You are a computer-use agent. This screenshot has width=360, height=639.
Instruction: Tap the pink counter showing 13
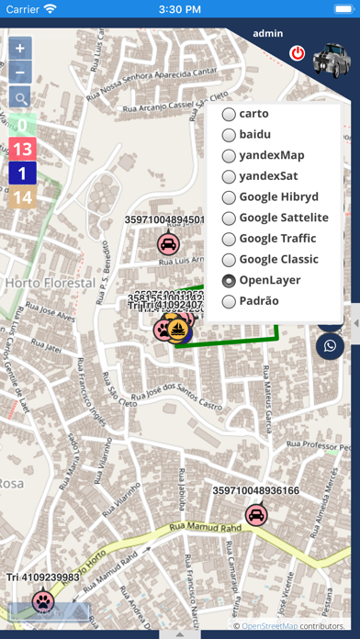click(22, 149)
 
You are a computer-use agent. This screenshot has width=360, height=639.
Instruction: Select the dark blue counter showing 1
click(22, 173)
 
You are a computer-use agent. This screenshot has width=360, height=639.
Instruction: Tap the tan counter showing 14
click(22, 196)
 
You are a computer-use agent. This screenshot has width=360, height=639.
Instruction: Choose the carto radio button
click(229, 114)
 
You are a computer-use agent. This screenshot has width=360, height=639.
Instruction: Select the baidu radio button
click(229, 134)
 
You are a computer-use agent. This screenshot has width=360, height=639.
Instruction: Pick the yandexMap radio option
click(229, 155)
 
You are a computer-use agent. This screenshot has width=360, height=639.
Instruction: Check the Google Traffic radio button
click(229, 239)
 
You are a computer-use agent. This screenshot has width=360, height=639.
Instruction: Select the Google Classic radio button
click(229, 260)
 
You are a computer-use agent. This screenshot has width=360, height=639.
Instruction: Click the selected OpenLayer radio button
click(229, 281)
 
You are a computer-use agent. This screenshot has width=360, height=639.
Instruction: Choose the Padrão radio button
click(229, 301)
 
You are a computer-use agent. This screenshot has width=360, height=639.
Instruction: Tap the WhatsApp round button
click(330, 345)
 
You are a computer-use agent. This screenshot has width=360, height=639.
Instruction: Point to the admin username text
click(267, 33)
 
